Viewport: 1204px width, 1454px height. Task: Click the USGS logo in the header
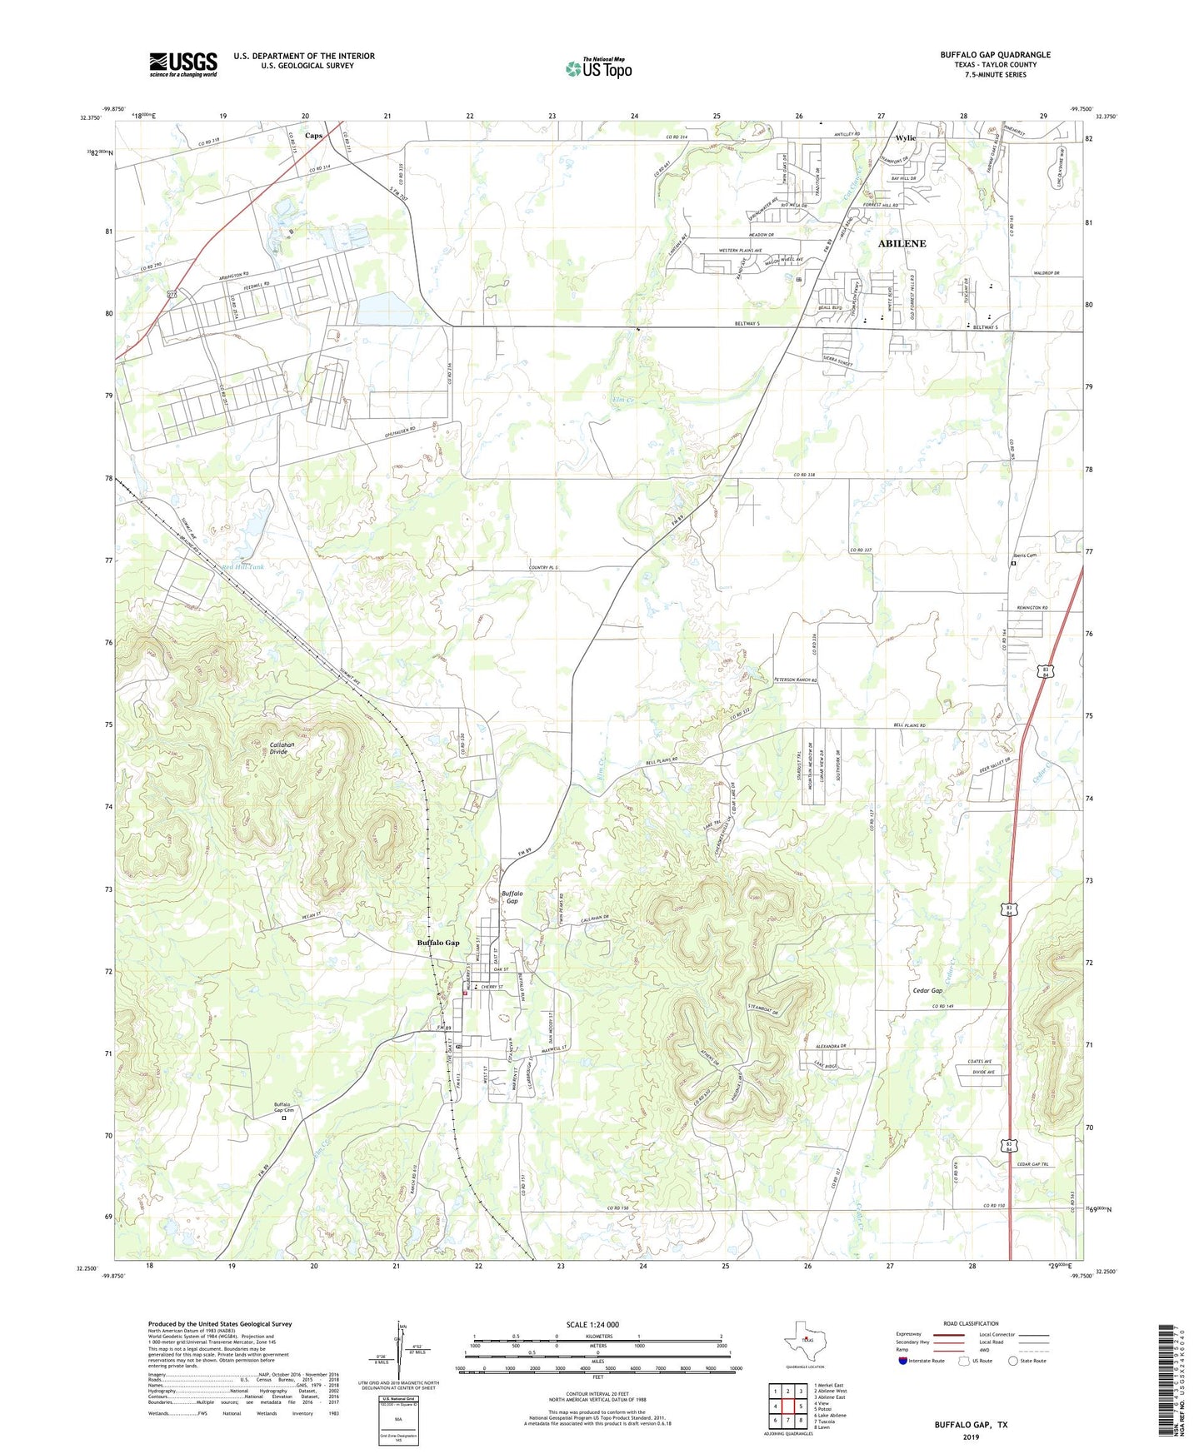(183, 64)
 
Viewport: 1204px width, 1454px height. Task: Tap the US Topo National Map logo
(598, 68)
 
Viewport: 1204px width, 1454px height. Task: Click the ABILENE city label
(902, 244)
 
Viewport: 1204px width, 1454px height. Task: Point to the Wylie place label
(905, 138)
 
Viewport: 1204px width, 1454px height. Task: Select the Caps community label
(313, 135)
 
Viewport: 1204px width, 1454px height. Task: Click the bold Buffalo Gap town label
(438, 943)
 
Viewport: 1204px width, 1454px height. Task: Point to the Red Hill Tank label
(243, 566)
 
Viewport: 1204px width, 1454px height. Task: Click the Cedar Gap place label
(927, 991)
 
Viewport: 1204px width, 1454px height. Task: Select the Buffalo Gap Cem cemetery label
(284, 1108)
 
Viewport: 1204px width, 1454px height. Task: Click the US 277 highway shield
(172, 295)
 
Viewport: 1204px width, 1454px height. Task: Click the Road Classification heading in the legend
(971, 1323)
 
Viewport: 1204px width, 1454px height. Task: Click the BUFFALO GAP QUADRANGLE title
(995, 55)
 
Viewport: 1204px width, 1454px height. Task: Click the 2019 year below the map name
(971, 1437)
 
